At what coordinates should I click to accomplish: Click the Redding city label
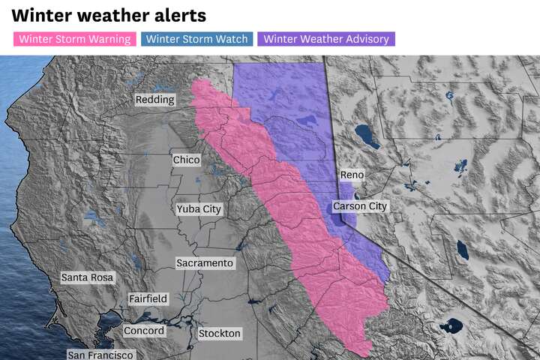(x=154, y=100)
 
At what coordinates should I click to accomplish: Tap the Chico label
(x=186, y=160)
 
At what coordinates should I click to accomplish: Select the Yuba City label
(x=199, y=209)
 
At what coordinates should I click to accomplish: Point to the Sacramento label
(x=205, y=263)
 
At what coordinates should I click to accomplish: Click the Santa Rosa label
(x=87, y=277)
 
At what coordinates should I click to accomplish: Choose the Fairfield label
(x=148, y=298)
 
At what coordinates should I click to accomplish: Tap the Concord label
(x=143, y=331)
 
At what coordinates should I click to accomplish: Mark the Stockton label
(x=220, y=333)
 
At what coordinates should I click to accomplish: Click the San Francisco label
(x=100, y=355)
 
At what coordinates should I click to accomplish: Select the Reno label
(x=352, y=175)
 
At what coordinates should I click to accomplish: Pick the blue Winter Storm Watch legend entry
(x=197, y=39)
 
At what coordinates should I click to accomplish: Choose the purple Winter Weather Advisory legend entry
(x=326, y=39)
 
